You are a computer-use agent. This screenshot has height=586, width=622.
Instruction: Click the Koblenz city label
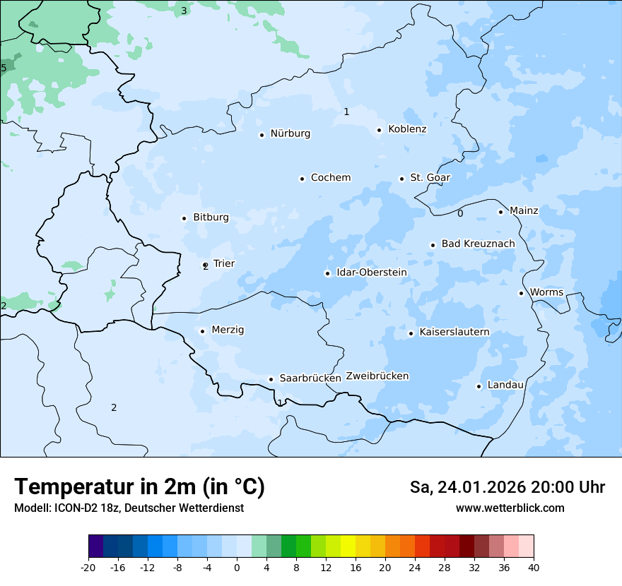click(407, 129)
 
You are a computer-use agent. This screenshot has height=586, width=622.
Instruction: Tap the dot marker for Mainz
click(500, 212)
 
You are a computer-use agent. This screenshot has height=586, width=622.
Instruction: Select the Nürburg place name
click(290, 133)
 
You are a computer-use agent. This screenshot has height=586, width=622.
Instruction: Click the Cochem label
click(330, 178)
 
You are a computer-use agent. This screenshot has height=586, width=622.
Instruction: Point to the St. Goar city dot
click(401, 179)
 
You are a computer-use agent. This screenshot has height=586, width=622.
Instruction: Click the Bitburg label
click(211, 217)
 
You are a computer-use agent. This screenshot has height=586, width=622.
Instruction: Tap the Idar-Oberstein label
click(371, 273)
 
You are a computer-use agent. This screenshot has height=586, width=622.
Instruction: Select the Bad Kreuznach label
click(478, 244)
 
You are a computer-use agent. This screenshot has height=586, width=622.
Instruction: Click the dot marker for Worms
click(521, 293)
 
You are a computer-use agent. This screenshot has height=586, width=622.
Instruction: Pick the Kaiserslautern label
click(454, 332)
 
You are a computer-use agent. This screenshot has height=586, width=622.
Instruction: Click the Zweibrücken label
click(377, 376)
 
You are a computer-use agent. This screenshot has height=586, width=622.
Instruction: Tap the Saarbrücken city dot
click(271, 379)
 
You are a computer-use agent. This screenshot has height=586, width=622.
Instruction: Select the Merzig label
click(228, 330)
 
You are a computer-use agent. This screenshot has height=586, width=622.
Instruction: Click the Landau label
click(505, 385)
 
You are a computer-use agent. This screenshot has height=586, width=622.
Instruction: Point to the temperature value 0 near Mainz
click(460, 213)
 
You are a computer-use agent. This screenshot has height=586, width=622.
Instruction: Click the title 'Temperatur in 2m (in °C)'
click(139, 486)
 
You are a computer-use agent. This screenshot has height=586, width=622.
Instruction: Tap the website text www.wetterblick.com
click(510, 508)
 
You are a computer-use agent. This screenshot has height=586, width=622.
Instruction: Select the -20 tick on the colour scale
click(88, 567)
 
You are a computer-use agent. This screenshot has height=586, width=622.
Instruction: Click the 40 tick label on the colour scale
click(534, 567)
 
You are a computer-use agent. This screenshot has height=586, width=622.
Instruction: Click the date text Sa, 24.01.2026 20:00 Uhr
click(507, 487)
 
